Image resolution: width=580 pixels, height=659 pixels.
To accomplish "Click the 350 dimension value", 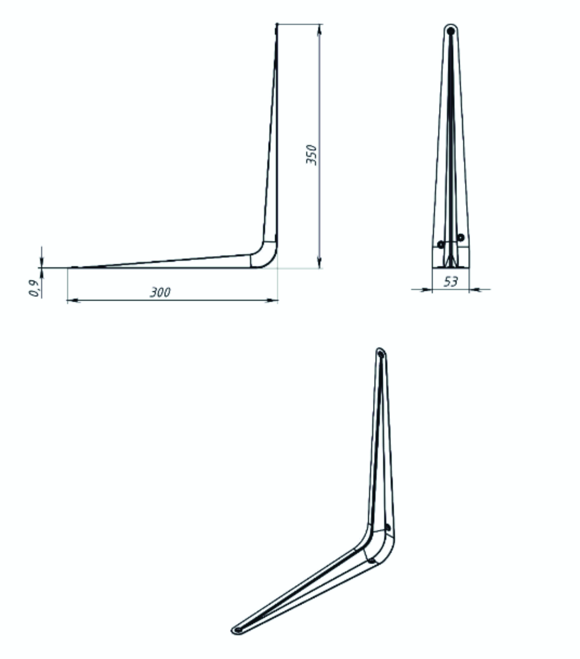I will point(311,155).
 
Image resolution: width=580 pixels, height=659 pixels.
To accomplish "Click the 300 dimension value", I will point(161,292).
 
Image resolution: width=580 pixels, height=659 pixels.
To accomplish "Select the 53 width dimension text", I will point(450,282).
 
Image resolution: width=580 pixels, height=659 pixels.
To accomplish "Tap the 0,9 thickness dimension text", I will point(34,288).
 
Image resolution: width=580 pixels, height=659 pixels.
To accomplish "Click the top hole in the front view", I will point(451,31).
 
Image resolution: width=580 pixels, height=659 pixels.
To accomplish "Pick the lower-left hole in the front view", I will point(441,244).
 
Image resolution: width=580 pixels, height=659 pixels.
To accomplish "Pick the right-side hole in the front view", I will point(461,237).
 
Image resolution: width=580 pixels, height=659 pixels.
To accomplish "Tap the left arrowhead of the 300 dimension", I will point(74,301).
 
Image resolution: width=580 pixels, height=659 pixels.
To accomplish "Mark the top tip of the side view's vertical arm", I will point(277,24).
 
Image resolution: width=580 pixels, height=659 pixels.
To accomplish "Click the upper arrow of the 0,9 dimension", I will point(42,262).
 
